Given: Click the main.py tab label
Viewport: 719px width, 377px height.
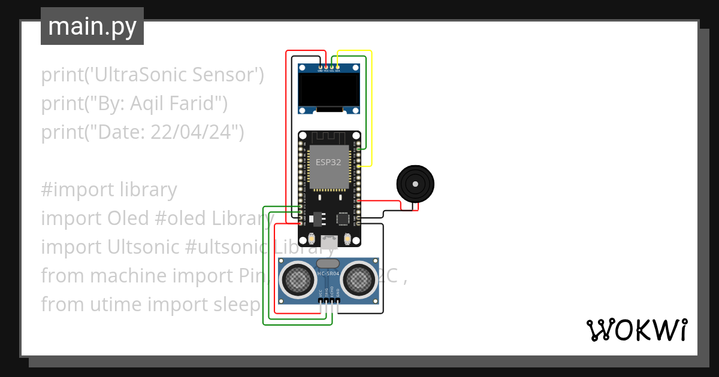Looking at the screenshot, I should point(92,26).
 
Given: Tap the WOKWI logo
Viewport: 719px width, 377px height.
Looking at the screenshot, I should point(636,330).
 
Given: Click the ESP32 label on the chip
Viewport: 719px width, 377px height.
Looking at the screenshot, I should point(329,162).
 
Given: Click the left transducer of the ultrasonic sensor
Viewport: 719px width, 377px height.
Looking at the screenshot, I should point(298,279).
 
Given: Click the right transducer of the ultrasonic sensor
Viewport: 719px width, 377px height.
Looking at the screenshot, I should point(359,279).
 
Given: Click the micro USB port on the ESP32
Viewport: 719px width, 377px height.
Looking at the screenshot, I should point(329,242).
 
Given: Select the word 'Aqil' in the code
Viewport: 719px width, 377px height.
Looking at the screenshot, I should point(146,104).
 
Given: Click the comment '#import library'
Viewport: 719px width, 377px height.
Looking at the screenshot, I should point(109,190).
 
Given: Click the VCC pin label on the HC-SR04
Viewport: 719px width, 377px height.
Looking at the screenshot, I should point(320,293).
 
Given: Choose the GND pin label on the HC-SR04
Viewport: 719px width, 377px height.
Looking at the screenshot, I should point(338,293).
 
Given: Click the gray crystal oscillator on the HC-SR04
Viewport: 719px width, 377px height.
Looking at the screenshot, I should point(328,263).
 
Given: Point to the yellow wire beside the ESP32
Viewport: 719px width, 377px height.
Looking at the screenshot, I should point(371,108).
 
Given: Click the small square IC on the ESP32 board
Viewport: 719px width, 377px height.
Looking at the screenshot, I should point(343,219).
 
